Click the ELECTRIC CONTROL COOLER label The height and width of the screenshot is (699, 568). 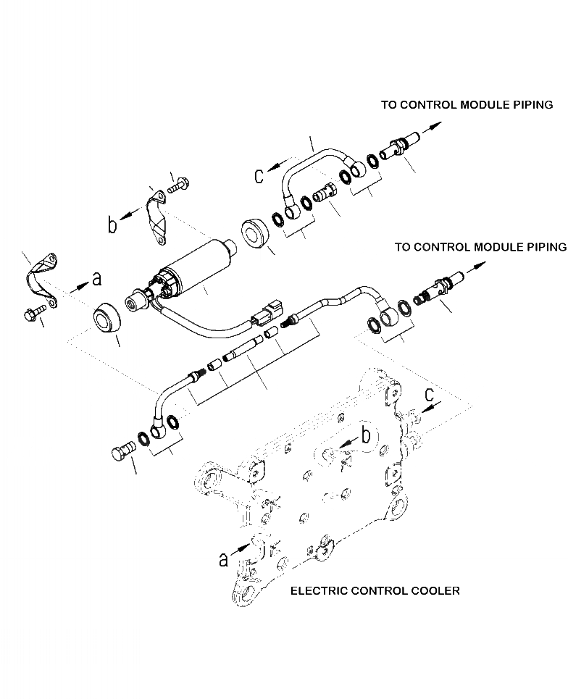point(375,591)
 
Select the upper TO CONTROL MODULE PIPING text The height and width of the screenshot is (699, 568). point(467,105)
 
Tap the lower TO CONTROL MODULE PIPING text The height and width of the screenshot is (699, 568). point(480,247)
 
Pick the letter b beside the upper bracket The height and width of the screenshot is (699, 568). point(112,225)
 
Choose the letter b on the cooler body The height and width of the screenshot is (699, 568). point(366,435)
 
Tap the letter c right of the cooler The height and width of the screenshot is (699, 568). point(430,395)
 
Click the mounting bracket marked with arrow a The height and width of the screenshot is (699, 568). point(43,278)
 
